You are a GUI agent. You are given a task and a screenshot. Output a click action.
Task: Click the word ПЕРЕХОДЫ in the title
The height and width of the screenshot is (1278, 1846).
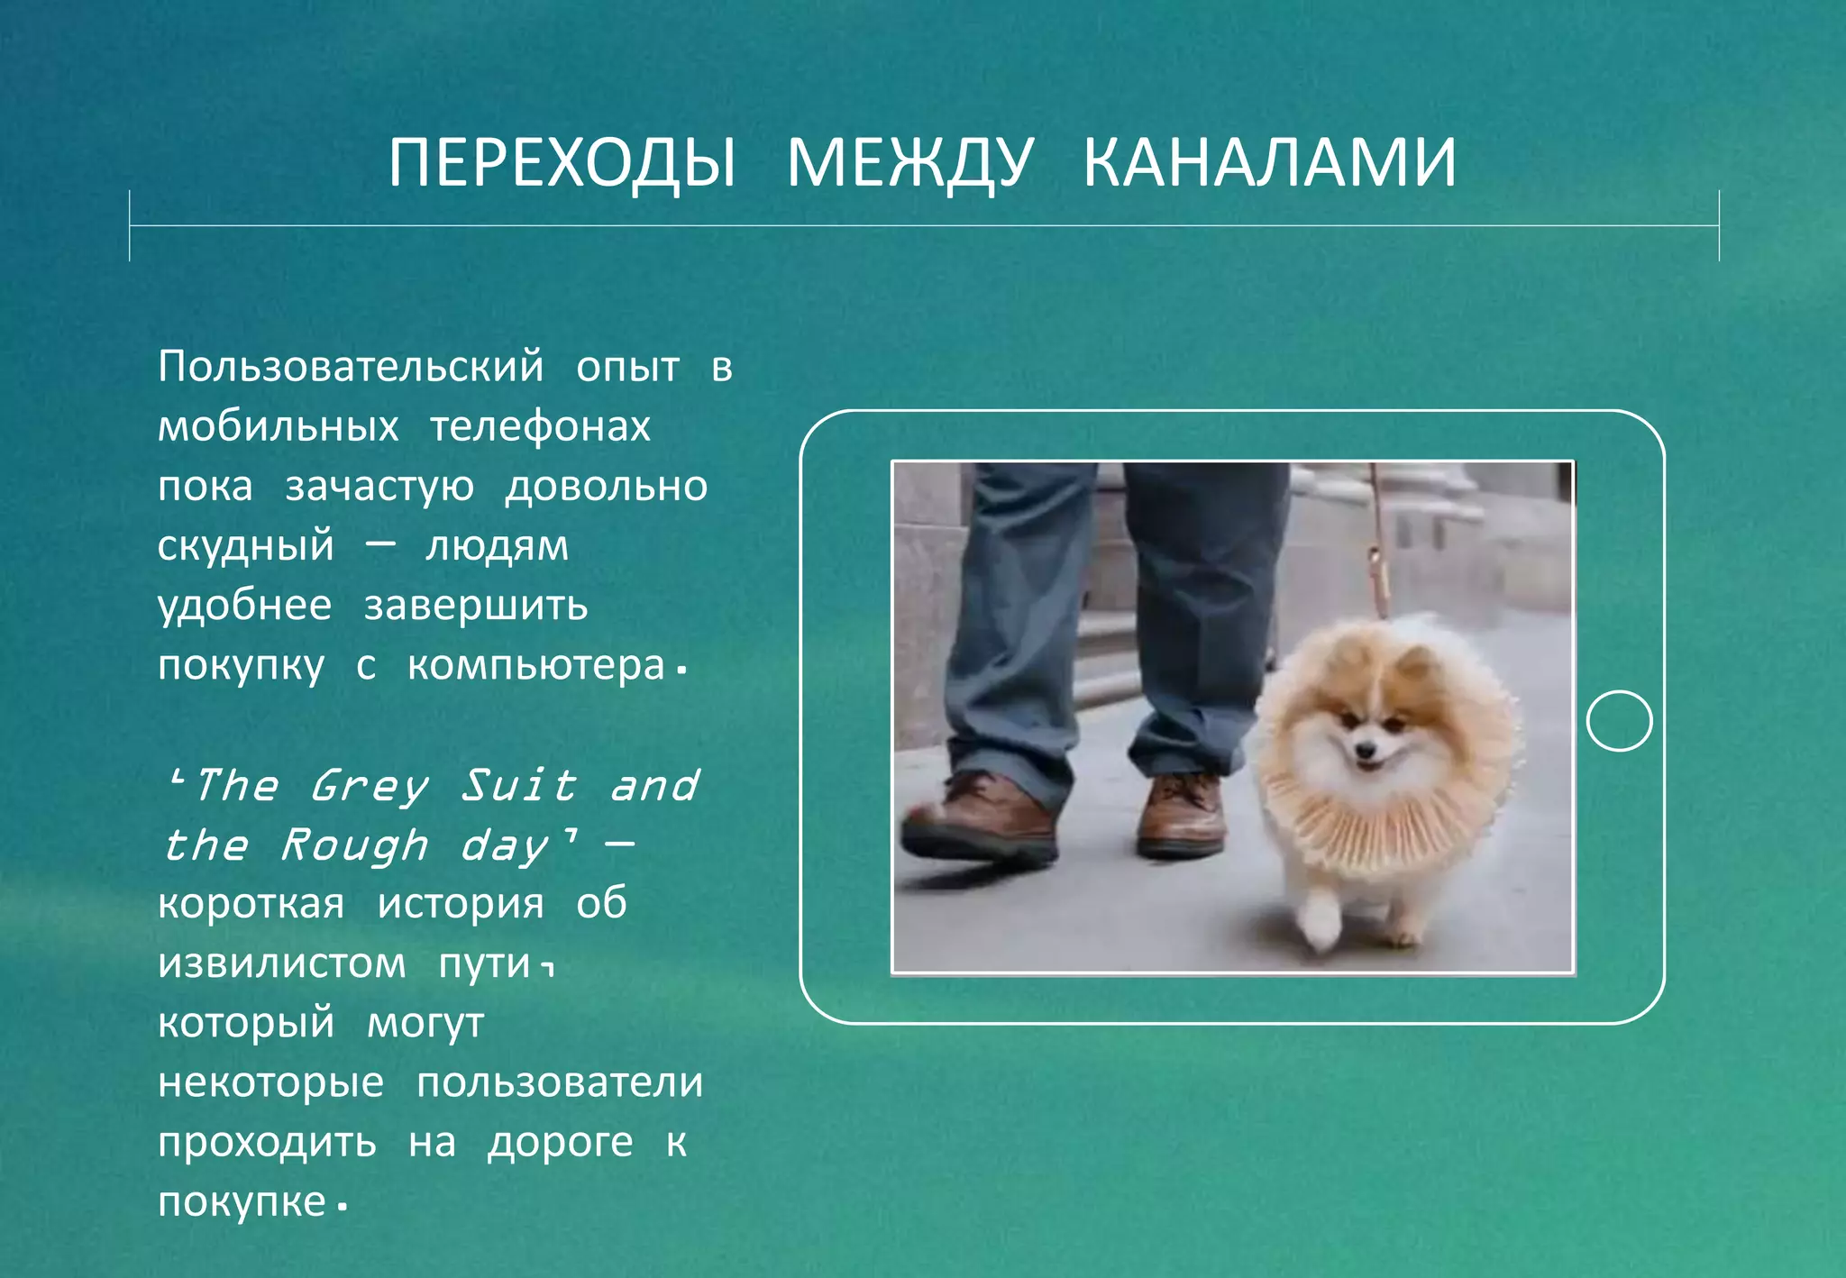(562, 163)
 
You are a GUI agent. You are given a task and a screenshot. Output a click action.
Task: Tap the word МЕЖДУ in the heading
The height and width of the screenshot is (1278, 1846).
(909, 163)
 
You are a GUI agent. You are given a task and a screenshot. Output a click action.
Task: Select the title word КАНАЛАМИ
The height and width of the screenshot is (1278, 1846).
(1269, 163)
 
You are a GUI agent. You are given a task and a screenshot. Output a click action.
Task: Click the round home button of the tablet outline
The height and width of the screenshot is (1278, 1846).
(1619, 720)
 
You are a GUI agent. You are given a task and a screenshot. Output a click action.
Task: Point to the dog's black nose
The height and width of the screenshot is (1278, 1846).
(1366, 749)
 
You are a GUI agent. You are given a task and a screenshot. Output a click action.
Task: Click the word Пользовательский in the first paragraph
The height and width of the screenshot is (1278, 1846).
(351, 367)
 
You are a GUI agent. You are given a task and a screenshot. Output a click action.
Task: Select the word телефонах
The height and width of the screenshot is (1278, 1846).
(540, 426)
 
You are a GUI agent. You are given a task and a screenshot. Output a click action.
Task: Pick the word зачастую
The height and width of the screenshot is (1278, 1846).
(379, 487)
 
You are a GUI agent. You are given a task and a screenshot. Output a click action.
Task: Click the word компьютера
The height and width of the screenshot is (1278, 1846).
(536, 666)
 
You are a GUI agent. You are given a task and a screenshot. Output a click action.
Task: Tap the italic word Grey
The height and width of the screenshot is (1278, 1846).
(369, 786)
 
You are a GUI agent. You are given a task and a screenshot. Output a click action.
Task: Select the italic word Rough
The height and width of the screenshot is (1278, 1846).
(354, 845)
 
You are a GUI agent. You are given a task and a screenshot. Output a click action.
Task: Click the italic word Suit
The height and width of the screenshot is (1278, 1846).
(518, 785)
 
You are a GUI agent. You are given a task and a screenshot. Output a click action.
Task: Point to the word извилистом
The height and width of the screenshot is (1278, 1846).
(282, 963)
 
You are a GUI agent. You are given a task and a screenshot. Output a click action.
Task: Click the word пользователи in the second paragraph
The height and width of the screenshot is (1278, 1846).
(560, 1082)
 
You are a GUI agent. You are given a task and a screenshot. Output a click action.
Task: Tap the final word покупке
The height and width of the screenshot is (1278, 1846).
(242, 1202)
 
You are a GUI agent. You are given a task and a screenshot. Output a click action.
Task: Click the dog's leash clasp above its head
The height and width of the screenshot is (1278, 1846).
(1377, 568)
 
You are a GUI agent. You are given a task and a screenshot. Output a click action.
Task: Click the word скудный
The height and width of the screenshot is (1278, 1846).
(246, 546)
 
